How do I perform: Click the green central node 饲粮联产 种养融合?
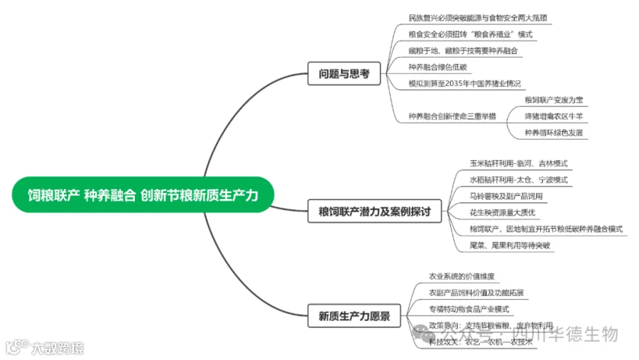tap(142, 195)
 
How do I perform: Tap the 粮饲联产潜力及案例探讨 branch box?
tap(374, 210)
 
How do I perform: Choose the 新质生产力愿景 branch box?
tap(354, 316)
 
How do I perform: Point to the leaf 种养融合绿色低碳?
tap(438, 67)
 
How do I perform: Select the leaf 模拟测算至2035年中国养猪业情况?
tap(459, 83)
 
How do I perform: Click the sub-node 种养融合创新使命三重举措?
tap(452, 116)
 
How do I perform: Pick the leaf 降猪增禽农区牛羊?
tap(553, 116)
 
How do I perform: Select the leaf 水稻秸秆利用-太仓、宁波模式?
tap(518, 180)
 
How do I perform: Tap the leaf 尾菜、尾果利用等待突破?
tap(510, 245)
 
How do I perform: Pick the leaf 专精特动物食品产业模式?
tap(469, 309)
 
